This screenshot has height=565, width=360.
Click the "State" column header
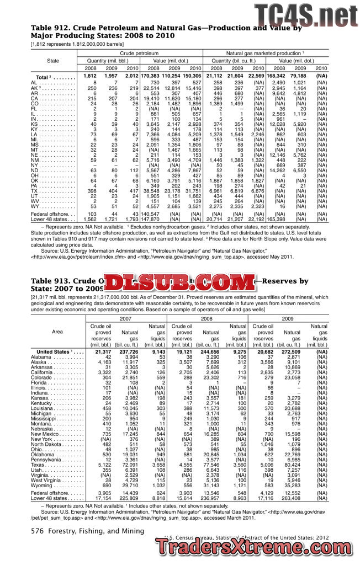pyautogui.click(x=54, y=60)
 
